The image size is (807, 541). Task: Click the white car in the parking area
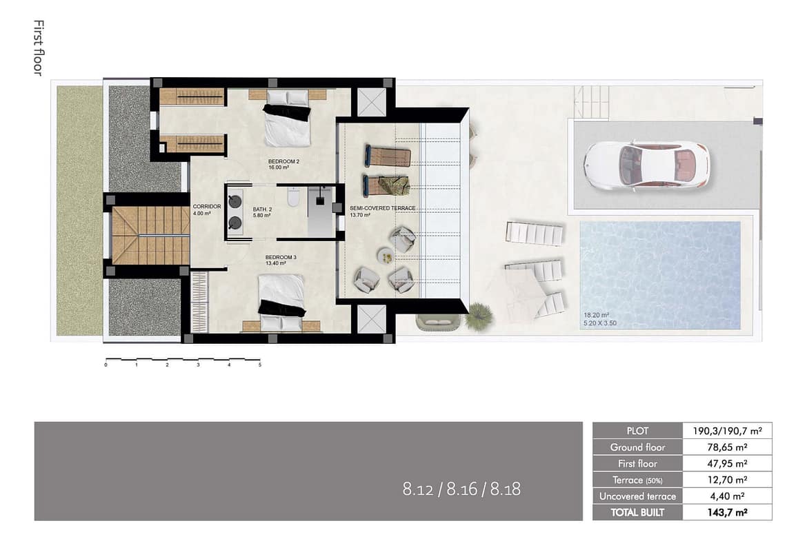point(647,166)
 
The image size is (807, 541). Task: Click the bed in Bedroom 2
point(288,118)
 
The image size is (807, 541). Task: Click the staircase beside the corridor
point(150,235)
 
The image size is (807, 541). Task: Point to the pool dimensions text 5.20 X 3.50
point(599,323)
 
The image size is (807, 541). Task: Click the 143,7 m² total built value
point(727,512)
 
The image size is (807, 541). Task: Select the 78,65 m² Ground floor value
point(727,447)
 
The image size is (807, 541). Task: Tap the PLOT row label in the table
point(637,431)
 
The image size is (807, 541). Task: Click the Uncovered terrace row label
point(637,496)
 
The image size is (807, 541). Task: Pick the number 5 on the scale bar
point(260,365)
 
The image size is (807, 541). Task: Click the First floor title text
point(38,48)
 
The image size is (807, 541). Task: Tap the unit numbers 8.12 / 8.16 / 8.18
point(461,489)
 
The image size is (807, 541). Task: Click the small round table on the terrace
point(386,256)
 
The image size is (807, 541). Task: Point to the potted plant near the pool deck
point(479,315)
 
